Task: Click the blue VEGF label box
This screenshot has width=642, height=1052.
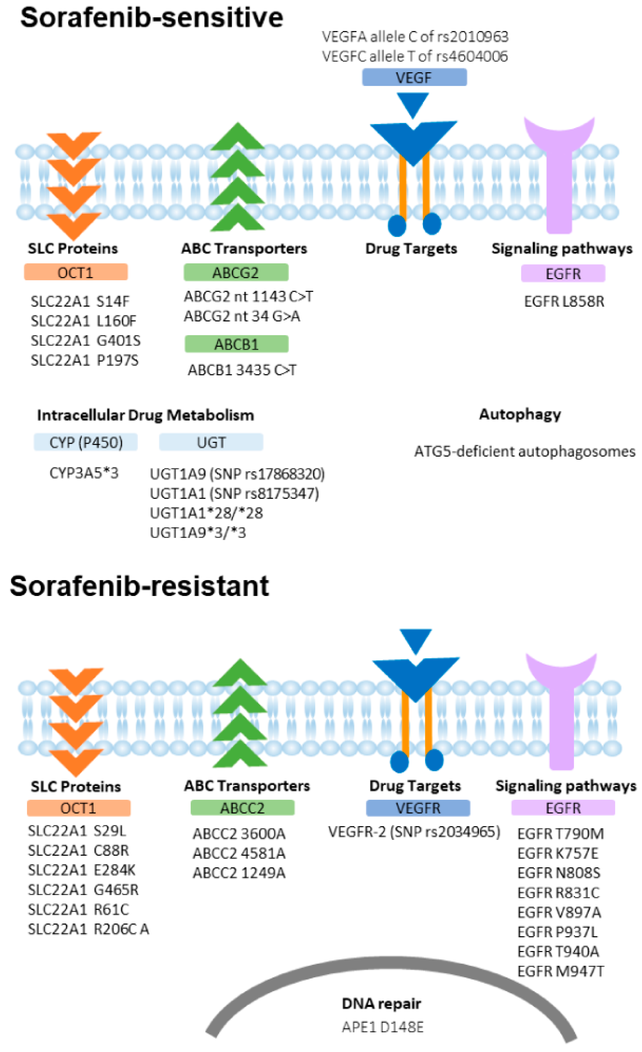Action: point(414,77)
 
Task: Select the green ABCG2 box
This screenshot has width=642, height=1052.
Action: point(236,272)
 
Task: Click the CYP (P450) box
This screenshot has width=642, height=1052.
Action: point(86,442)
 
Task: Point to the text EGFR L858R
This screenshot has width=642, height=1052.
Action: point(564,301)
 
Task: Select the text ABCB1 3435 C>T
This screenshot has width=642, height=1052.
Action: point(242,370)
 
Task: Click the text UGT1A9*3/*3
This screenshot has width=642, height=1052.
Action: point(198,533)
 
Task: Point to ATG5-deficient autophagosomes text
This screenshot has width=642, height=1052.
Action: point(525,451)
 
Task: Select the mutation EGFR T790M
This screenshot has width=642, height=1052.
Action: point(560,833)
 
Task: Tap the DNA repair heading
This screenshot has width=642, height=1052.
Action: point(381,1003)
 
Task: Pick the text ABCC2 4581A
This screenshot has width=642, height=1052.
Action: point(239,853)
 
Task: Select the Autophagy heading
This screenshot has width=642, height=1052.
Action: point(520,414)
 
